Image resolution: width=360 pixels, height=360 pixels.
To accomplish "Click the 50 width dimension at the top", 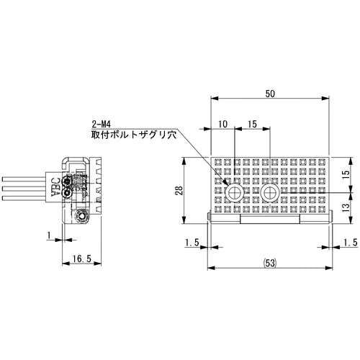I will [x=269, y=94].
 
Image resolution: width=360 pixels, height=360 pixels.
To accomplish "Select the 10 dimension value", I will [x=222, y=125].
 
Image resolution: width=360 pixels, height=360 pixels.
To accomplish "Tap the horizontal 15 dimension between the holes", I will [x=252, y=125].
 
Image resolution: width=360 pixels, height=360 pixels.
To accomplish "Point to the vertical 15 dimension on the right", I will [x=346, y=174].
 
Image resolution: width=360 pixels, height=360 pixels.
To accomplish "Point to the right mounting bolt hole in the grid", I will [x=271, y=194].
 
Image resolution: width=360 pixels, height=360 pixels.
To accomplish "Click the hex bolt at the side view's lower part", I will [x=81, y=216].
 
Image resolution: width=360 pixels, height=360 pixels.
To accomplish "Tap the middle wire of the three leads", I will [x=25, y=188].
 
